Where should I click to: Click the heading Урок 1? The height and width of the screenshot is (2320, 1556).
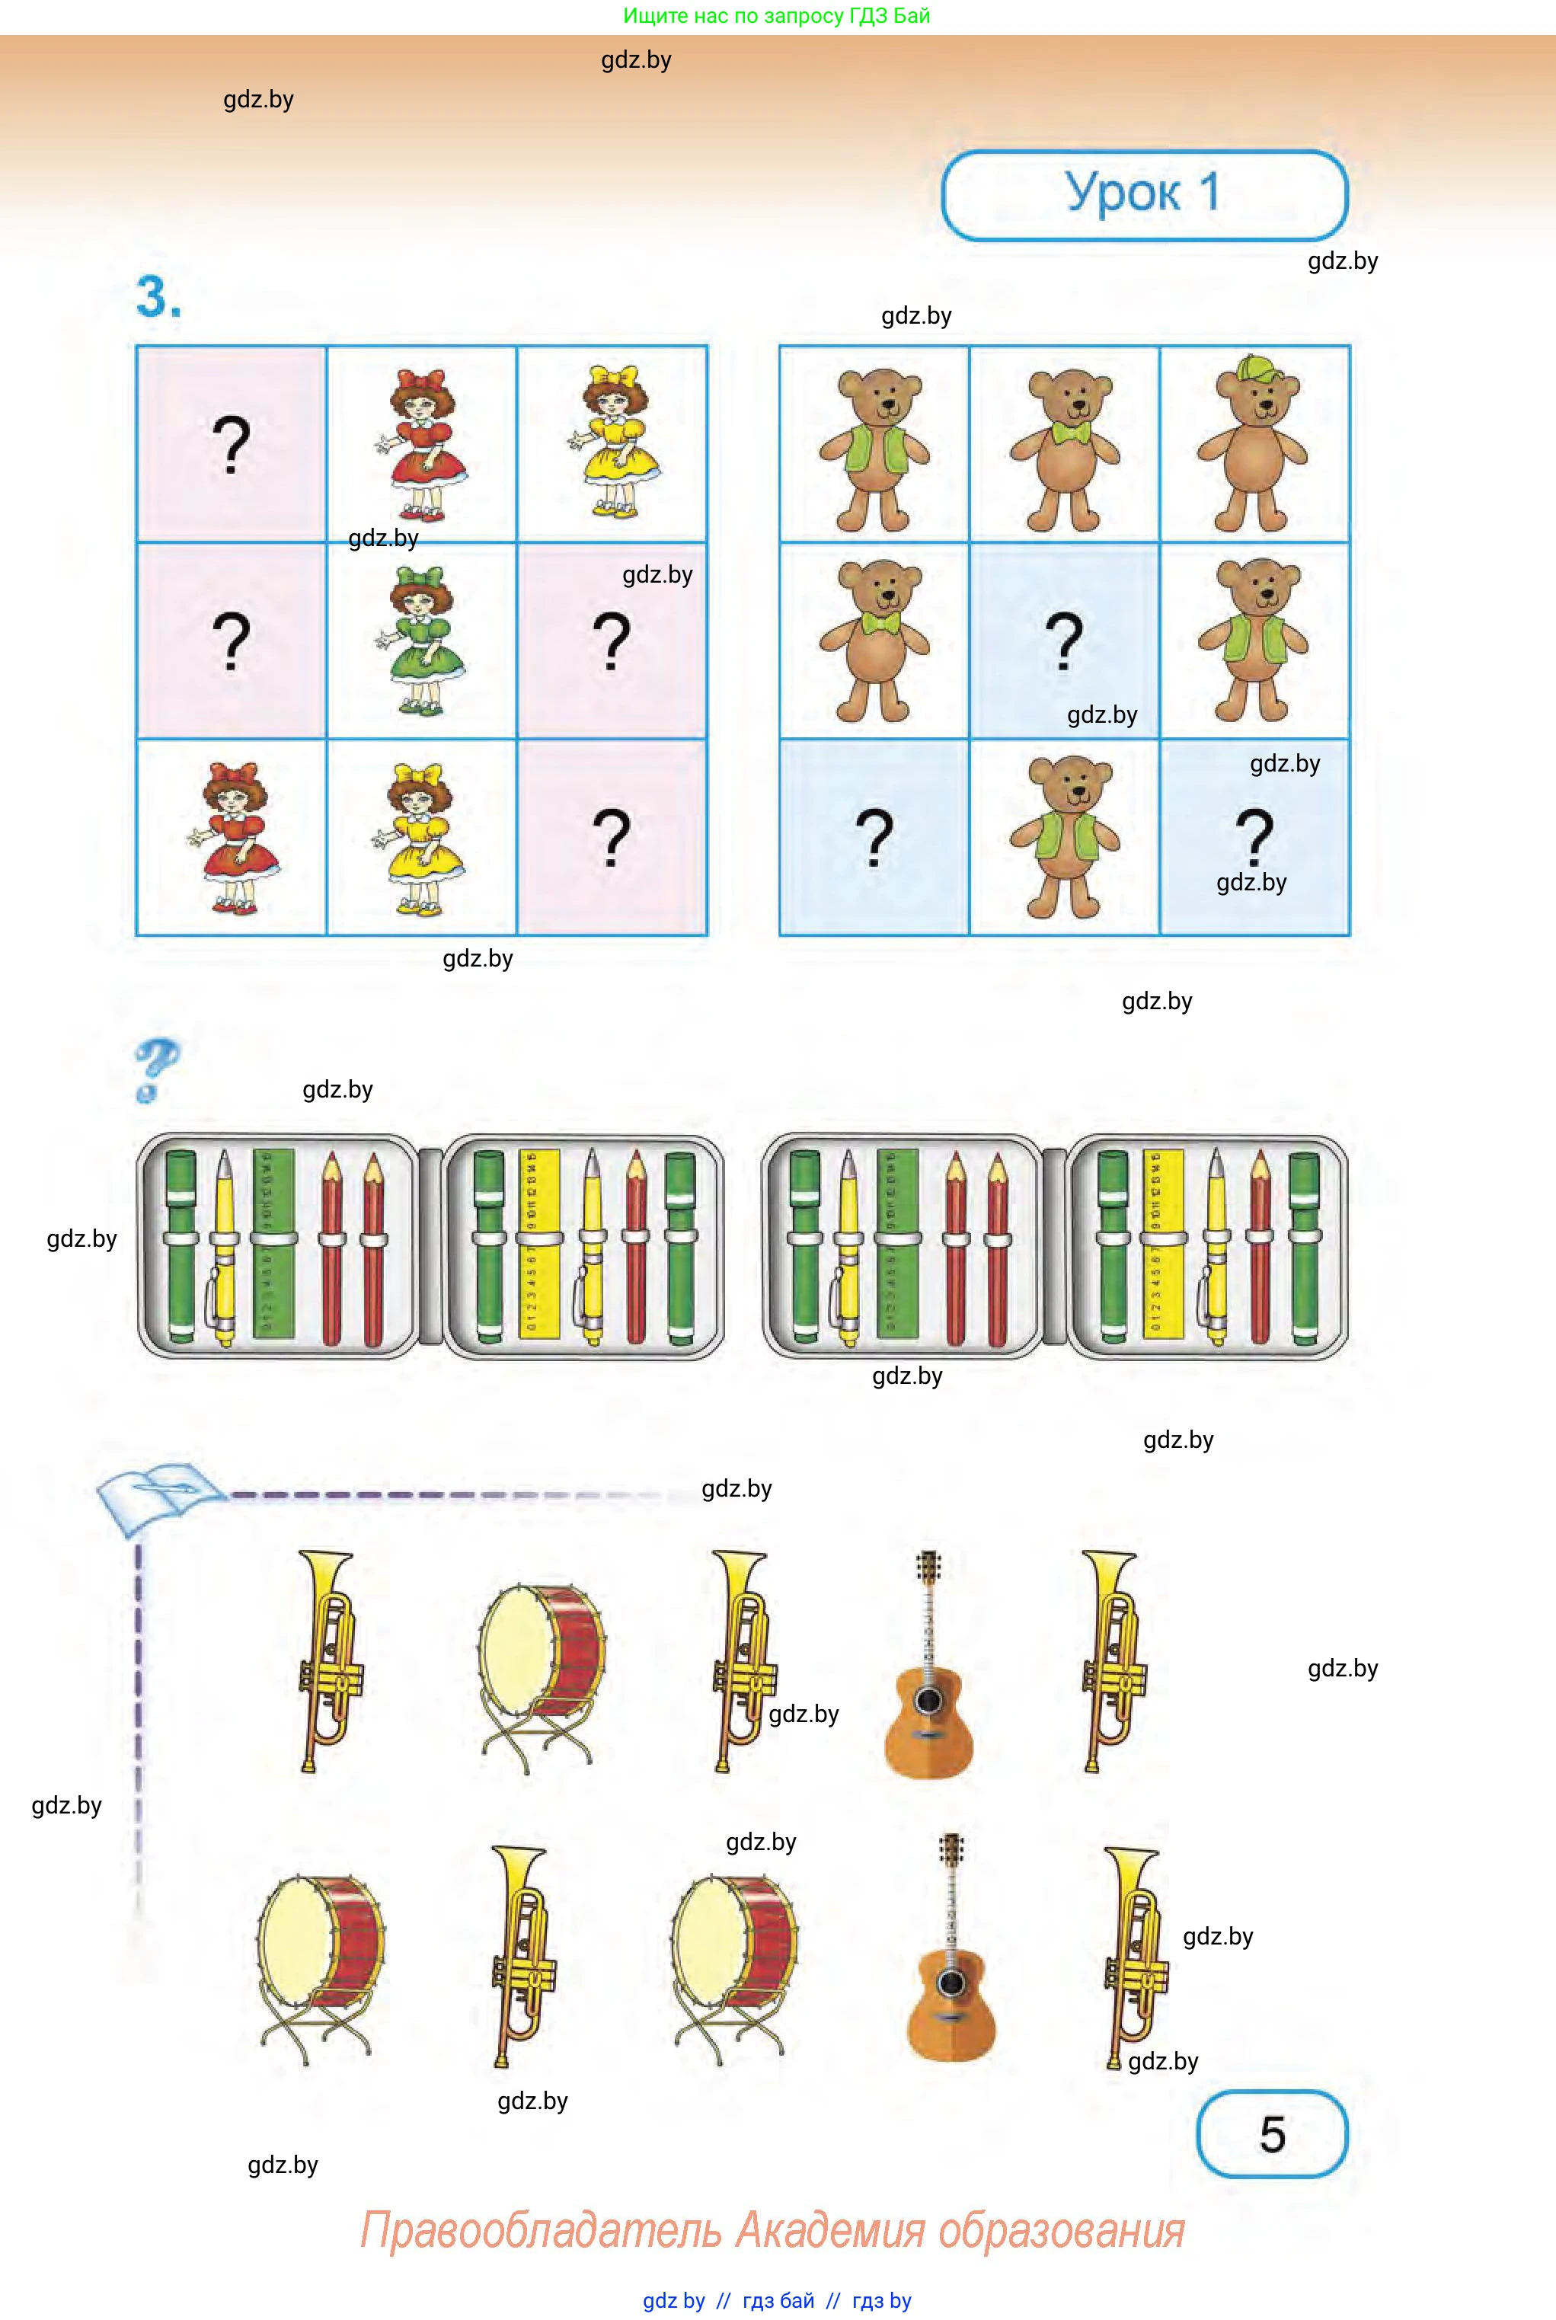pyautogui.click(x=1143, y=193)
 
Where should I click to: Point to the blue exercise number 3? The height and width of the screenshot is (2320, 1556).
pyautogui.click(x=158, y=297)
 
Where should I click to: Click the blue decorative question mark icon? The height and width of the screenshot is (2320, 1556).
pyautogui.click(x=156, y=1069)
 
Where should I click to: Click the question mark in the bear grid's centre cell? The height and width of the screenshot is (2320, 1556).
pyautogui.click(x=1064, y=640)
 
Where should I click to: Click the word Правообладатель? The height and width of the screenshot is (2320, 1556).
pyautogui.click(x=540, y=2229)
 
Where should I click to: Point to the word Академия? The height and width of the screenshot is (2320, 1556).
pyautogui.click(x=829, y=2229)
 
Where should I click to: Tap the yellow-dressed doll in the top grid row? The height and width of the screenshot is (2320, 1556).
pyautogui.click(x=612, y=443)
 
